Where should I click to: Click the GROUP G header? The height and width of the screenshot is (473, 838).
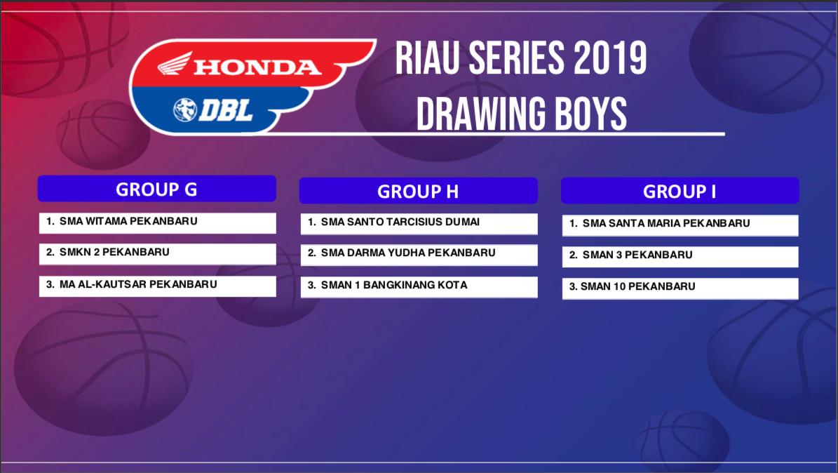tap(156, 189)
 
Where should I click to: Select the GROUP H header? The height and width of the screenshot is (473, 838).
tap(419, 191)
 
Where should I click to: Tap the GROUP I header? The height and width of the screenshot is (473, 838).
tap(680, 191)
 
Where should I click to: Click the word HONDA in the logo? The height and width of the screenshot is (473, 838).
tap(257, 67)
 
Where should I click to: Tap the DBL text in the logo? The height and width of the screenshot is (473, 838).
tap(226, 111)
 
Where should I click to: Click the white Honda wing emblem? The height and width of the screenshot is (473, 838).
tap(175, 64)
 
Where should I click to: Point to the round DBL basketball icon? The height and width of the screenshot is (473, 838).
tap(185, 109)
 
